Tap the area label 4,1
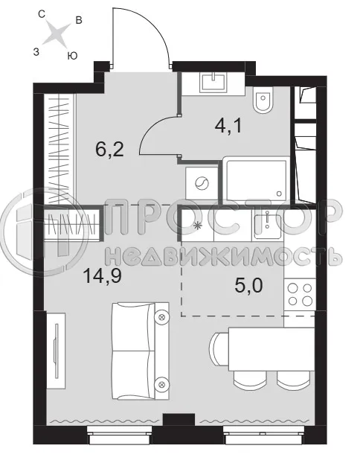click(x=228, y=127)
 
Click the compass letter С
click(x=43, y=13)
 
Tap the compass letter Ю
click(x=71, y=56)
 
